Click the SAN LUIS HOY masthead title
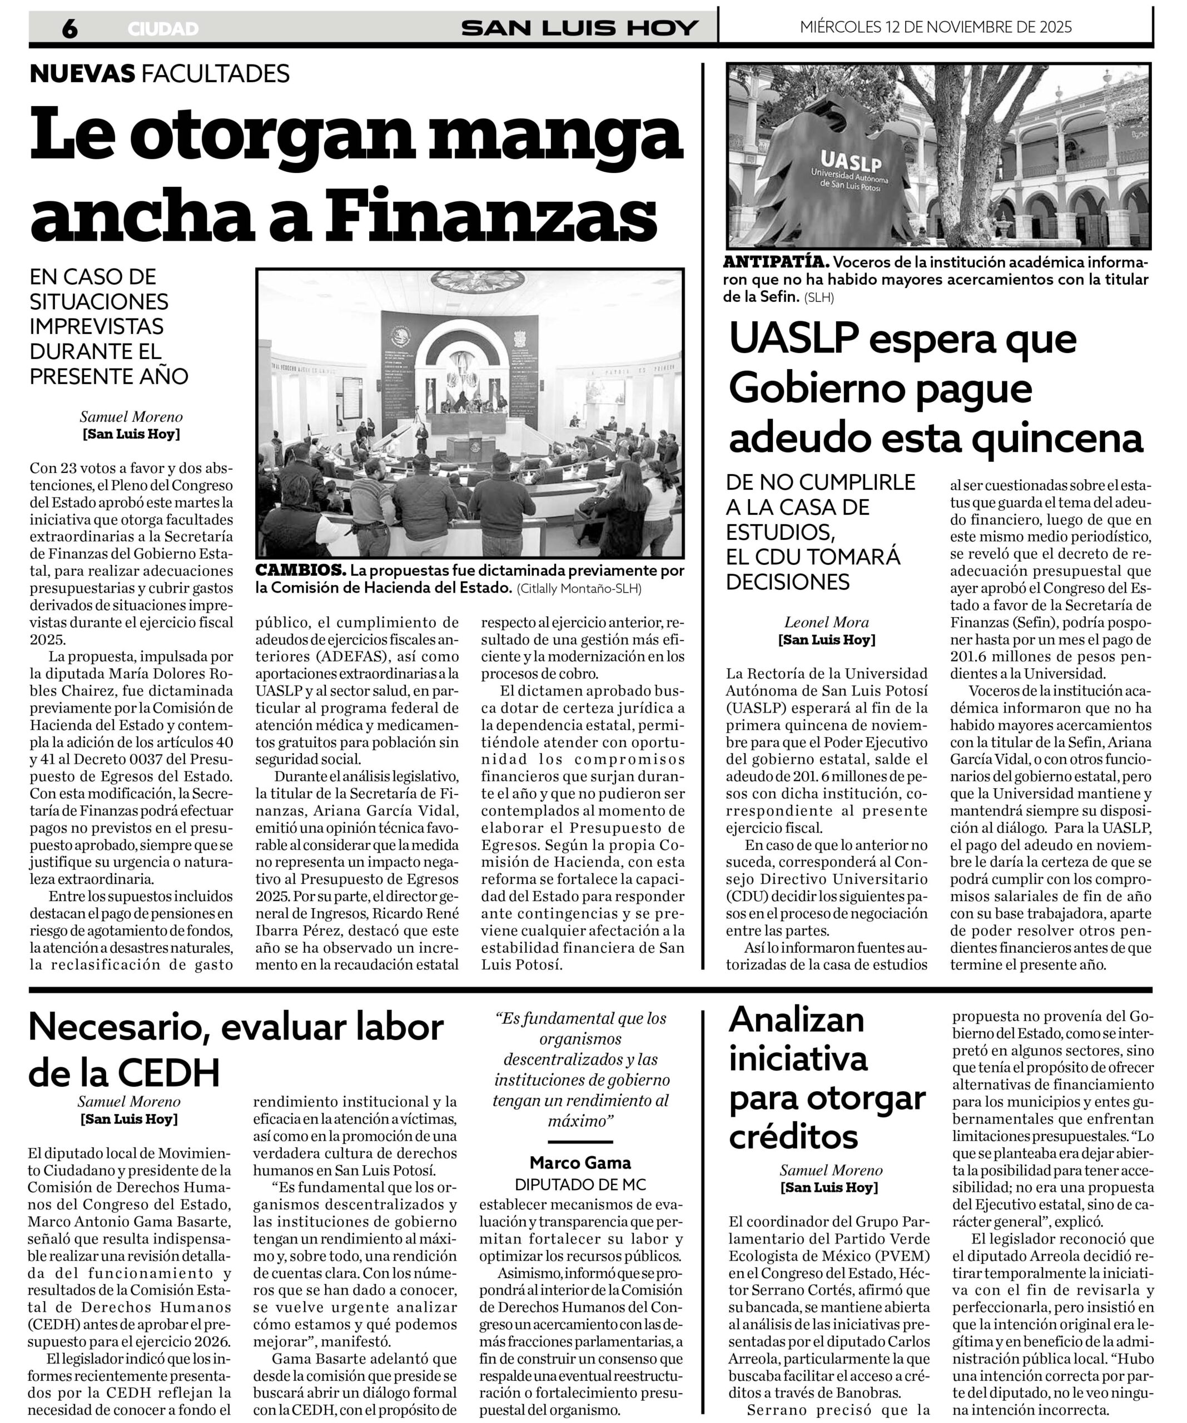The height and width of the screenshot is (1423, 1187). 580,28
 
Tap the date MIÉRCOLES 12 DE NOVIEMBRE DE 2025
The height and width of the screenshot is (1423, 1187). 936,27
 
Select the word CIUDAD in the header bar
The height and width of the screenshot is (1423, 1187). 163,29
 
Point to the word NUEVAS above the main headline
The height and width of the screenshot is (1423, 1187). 83,73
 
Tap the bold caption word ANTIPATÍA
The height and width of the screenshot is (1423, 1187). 776,262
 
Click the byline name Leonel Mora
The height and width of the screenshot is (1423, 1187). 826,622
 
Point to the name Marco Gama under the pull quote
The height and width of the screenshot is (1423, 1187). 580,1163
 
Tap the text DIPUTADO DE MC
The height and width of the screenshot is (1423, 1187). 580,1185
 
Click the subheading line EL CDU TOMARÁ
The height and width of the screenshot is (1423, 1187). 813,556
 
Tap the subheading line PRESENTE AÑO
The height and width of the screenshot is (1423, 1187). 108,376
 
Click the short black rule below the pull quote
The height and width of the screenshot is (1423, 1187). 580,1142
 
